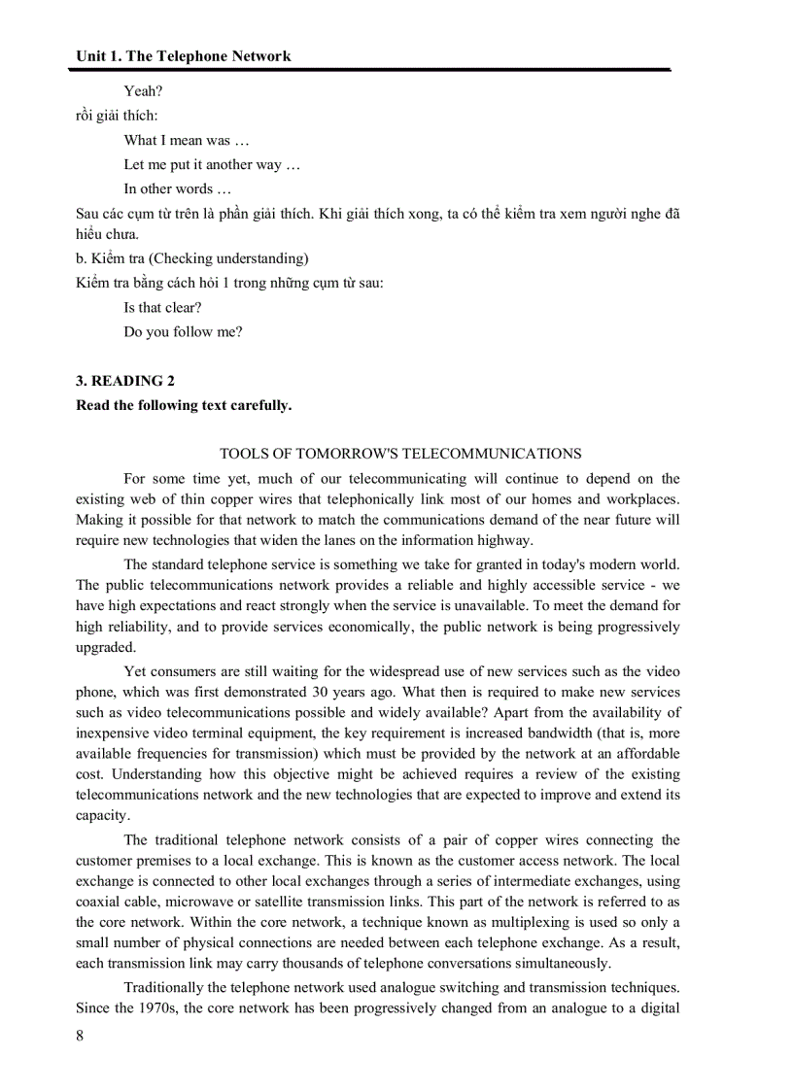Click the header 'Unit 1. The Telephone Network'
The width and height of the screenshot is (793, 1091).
(183, 56)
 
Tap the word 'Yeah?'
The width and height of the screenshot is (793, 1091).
(143, 91)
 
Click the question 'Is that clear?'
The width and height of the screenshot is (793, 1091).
(162, 307)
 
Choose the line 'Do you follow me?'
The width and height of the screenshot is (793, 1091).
(183, 331)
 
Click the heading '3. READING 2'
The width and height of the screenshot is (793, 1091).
(125, 381)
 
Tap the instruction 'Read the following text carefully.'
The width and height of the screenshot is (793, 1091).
(183, 405)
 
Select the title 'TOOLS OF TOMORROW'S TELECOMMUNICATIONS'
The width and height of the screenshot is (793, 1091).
(400, 454)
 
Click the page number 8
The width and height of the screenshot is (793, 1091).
(80, 1036)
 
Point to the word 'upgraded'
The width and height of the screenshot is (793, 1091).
(106, 647)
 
